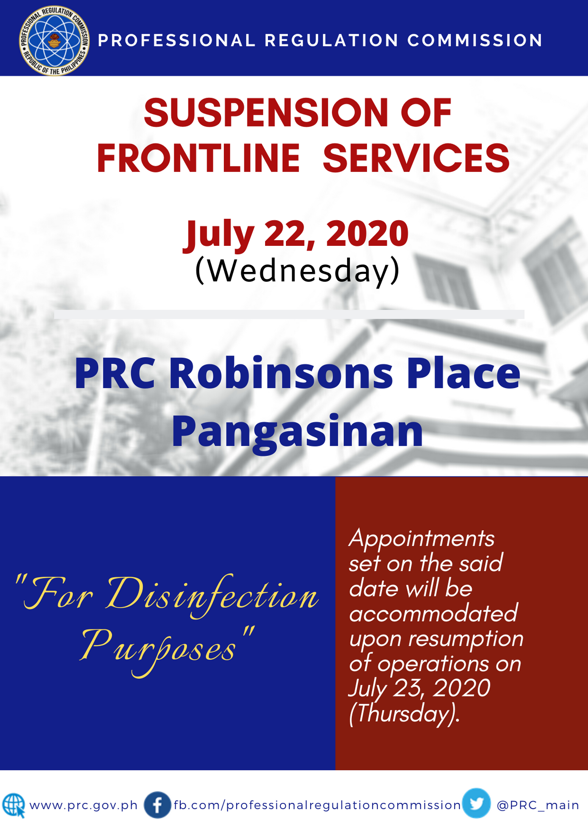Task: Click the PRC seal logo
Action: pyautogui.click(x=55, y=40)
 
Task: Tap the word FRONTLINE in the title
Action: pyautogui.click(x=198, y=158)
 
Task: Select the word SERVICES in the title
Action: pyautogui.click(x=416, y=158)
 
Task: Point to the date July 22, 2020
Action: pyautogui.click(x=296, y=234)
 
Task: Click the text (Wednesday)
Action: pyautogui.click(x=297, y=271)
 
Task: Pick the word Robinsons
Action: pyautogui.click(x=281, y=373)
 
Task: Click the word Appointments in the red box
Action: pyautogui.click(x=422, y=539)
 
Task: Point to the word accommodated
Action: pyautogui.click(x=433, y=613)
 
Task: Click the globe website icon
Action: pyautogui.click(x=14, y=805)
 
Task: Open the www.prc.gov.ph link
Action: pyautogui.click(x=83, y=805)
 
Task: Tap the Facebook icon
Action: pyautogui.click(x=157, y=805)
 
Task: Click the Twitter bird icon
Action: pyautogui.click(x=477, y=803)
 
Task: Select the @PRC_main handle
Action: pyautogui.click(x=538, y=805)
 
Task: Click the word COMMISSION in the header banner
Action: pyautogui.click(x=475, y=40)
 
